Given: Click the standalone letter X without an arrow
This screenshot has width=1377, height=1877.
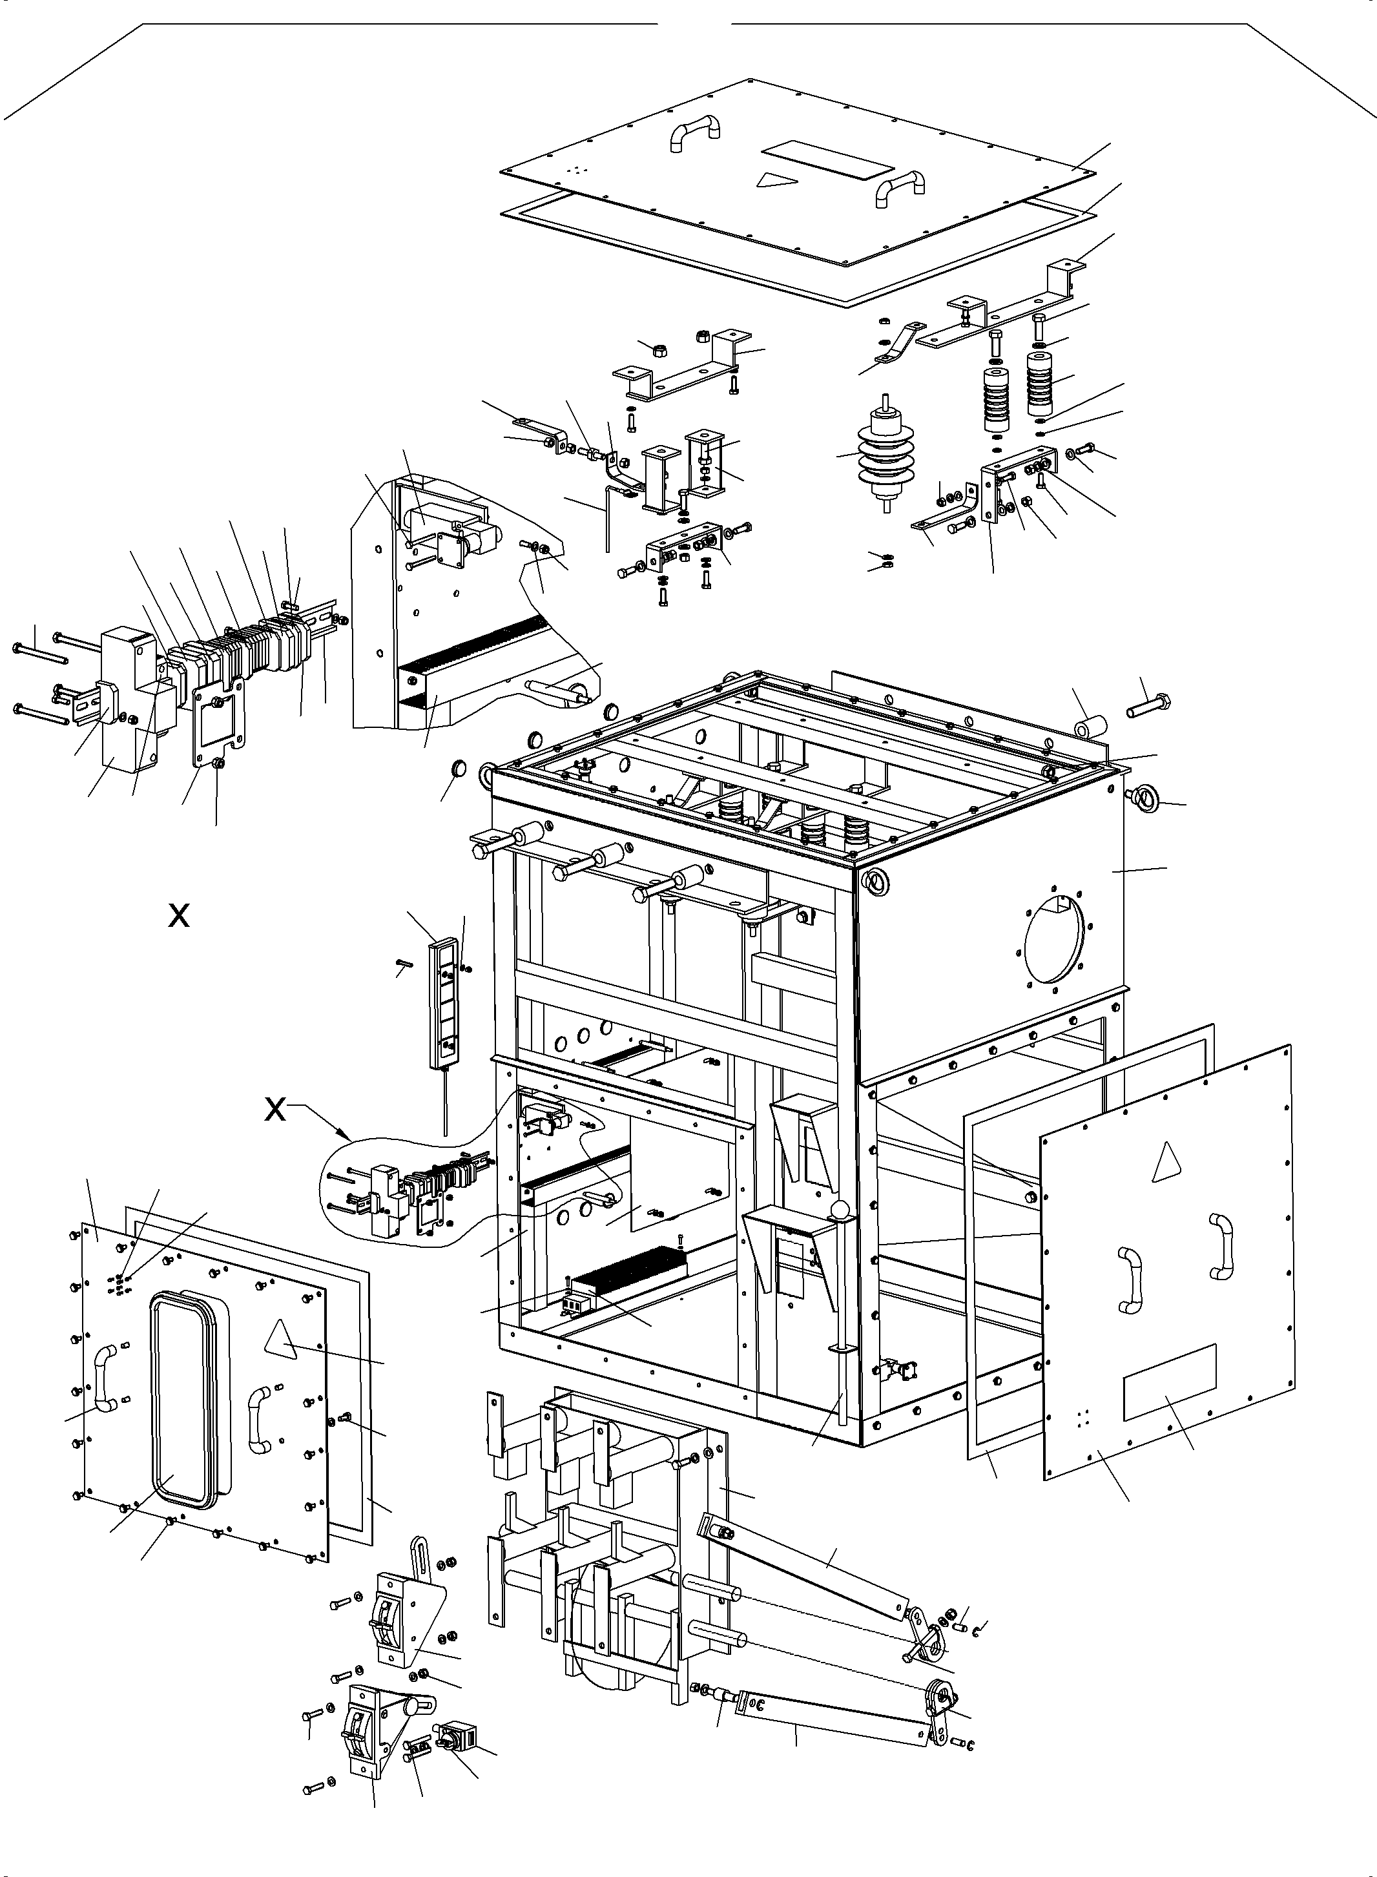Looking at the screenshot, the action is coord(178,916).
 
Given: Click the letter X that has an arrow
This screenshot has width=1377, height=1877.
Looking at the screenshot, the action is coord(275,1110).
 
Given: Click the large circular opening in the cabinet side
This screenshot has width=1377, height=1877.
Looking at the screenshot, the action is coord(1055,938).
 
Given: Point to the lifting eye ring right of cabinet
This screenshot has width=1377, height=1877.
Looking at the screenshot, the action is coord(1144,801).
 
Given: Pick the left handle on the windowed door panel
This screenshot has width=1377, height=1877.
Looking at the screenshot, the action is coord(103,1376).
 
